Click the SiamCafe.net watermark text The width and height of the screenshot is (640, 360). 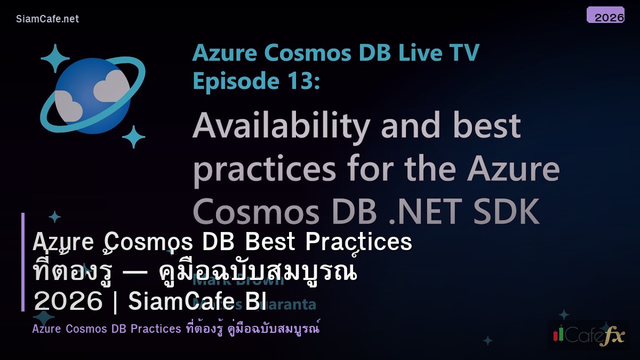click(47, 19)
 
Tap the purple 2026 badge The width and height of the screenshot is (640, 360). click(605, 15)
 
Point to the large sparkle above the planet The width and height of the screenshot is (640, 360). click(55, 58)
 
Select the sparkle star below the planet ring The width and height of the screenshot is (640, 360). click(133, 137)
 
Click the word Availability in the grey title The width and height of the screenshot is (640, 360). click(281, 126)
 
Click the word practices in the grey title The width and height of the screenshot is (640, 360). click(265, 169)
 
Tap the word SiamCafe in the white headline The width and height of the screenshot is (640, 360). click(197, 302)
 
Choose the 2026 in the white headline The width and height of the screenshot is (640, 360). click(68, 302)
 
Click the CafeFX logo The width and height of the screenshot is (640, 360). click(588, 335)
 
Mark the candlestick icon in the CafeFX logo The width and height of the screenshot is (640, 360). click(558, 334)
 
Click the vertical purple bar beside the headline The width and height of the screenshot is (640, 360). click(23, 261)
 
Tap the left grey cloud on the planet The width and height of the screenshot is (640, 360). click(68, 105)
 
